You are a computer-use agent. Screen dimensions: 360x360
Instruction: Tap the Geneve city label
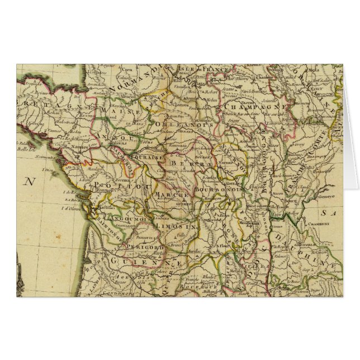(x=324, y=197)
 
